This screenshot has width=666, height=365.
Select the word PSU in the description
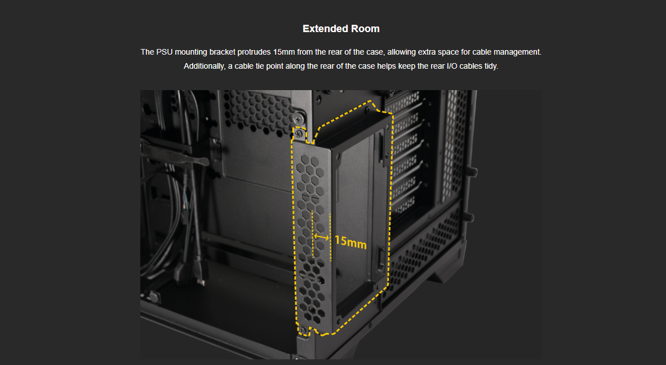point(165,52)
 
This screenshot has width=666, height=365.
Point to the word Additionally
point(205,66)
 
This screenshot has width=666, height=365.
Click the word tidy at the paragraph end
point(490,66)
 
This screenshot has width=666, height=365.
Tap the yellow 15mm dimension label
point(350,242)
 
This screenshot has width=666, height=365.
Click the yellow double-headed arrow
point(322,237)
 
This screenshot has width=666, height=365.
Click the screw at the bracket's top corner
point(299,134)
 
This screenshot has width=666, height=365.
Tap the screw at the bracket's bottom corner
point(302,330)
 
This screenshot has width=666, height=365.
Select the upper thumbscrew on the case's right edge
point(472,172)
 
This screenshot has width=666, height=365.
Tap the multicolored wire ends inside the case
point(185,203)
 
